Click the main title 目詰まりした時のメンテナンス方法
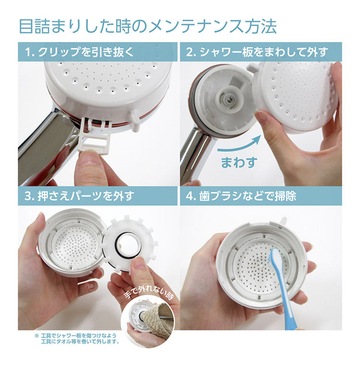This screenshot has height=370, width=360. tap(148, 26)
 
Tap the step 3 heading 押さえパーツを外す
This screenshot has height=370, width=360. tap(79, 196)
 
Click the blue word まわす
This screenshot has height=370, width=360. tap(239, 161)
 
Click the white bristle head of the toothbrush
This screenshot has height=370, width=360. tap(275, 259)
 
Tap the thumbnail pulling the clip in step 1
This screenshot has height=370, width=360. tap(89, 159)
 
